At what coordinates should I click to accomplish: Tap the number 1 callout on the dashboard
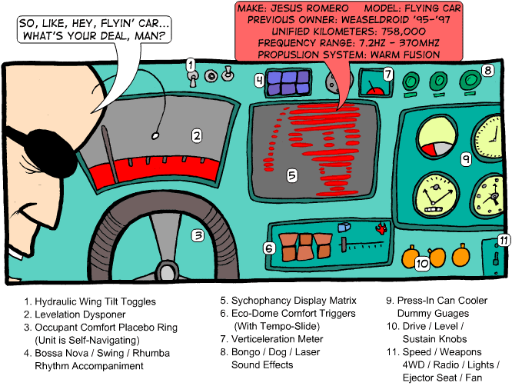point(190,65)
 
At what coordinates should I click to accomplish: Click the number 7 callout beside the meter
point(389,75)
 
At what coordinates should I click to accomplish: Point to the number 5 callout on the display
point(292,175)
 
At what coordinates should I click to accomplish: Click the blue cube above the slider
point(344,228)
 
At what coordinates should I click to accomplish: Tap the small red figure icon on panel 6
point(379,228)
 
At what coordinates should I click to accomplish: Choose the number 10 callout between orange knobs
point(421,263)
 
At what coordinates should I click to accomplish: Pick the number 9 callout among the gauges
point(466,159)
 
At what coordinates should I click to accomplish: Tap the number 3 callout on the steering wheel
point(198,236)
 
